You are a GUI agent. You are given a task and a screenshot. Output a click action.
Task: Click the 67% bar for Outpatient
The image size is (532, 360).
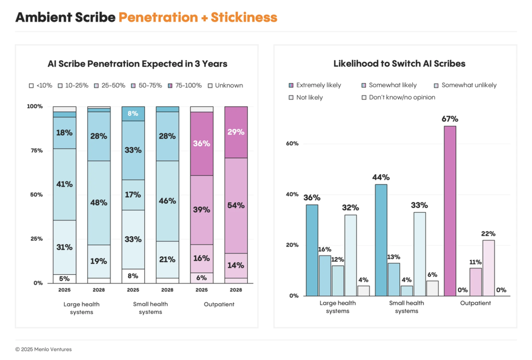tap(450, 211)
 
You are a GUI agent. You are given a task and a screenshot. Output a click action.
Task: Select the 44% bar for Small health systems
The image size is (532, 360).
tap(381, 240)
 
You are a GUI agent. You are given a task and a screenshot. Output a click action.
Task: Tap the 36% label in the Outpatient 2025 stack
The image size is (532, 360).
tap(202, 144)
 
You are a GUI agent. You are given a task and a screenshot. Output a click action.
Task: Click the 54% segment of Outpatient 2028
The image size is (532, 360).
tap(236, 205)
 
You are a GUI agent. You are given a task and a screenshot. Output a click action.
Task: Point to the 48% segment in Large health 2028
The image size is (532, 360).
tap(99, 203)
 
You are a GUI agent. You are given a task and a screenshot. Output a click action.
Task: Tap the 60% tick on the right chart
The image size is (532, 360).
tap(293, 144)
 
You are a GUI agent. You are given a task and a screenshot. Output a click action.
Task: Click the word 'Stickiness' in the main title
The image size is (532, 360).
tap(244, 17)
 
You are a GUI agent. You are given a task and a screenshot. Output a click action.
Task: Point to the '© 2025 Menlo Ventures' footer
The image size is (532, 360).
tap(44, 349)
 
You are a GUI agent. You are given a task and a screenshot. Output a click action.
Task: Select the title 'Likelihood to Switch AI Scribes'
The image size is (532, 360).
tap(399, 64)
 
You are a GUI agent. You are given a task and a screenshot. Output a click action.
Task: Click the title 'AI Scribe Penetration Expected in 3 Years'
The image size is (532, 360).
tap(137, 64)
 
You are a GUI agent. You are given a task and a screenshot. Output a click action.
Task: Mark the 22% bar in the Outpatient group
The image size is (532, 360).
tap(489, 268)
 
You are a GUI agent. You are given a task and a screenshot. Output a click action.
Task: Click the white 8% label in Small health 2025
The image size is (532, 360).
tap(133, 113)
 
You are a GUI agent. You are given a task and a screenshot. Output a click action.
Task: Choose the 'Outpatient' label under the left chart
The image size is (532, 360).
tap(219, 304)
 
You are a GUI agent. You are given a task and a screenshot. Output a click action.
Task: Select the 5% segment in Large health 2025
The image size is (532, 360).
tap(64, 279)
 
